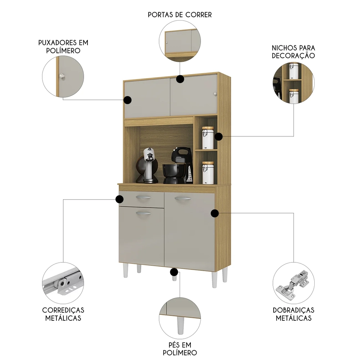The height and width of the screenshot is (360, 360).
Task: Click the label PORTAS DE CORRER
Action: pyautogui.click(x=180, y=15)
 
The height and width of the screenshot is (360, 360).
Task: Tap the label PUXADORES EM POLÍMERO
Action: pyautogui.click(x=63, y=47)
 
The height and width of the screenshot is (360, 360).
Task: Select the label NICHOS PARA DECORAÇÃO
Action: pyautogui.click(x=293, y=51)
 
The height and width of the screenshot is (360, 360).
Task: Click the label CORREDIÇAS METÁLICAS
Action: pyautogui.click(x=63, y=314)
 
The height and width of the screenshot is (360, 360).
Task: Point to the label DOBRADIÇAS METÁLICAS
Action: pyautogui.click(x=293, y=314)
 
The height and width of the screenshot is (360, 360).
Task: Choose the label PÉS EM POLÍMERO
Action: pyautogui.click(x=179, y=348)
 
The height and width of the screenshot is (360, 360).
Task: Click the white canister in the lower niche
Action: pyautogui.click(x=207, y=172)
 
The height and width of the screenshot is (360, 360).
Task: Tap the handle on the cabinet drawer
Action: pyautogui.click(x=143, y=197)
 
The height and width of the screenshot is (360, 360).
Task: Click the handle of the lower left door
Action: pyautogui.click(x=143, y=213)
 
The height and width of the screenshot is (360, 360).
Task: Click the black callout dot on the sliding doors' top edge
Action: pyautogui.click(x=180, y=79)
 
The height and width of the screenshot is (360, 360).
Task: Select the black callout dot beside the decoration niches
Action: pyautogui.click(x=219, y=136)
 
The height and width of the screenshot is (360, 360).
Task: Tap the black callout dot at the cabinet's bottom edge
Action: pyautogui.click(x=174, y=272)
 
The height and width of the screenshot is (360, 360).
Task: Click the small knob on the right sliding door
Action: pyautogui.click(x=215, y=94)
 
